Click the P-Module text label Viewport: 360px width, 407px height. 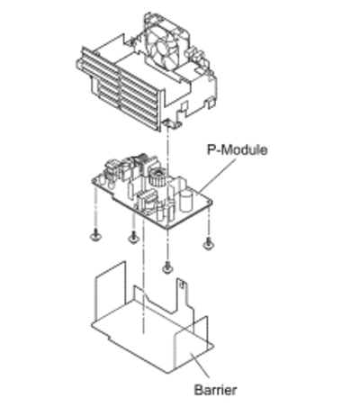point(237,149)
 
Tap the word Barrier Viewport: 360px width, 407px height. point(215,390)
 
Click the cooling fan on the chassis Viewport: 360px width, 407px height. point(166,45)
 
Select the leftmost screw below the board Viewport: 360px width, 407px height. point(95,235)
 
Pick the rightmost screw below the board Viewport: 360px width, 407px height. point(208,243)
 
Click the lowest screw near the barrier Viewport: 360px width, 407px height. point(167,267)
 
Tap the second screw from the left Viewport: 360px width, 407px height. point(133,237)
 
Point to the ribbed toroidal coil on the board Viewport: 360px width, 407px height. point(157,178)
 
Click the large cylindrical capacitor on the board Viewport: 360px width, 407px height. point(186,199)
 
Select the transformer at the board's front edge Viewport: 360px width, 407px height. point(147,202)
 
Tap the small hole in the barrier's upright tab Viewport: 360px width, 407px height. point(181,285)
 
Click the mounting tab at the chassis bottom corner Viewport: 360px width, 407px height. point(172,123)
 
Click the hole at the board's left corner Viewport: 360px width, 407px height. point(96,181)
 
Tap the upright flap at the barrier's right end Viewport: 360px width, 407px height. point(192,342)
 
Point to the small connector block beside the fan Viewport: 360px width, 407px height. point(195,54)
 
